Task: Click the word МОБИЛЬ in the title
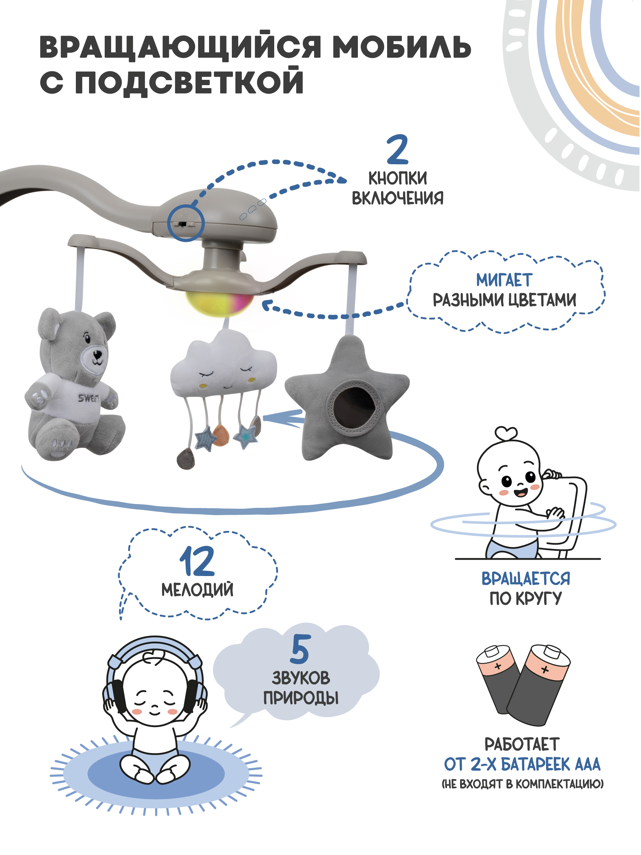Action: [401, 48]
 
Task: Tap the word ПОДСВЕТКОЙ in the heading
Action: [189, 82]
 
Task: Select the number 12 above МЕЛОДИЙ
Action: [197, 561]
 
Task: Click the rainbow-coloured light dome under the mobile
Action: [220, 304]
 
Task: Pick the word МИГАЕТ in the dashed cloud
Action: [504, 280]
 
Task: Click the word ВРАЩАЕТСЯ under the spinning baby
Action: [526, 579]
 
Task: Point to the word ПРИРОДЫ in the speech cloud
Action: [301, 698]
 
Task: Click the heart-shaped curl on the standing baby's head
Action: [506, 432]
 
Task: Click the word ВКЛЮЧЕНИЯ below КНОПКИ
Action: [397, 198]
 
